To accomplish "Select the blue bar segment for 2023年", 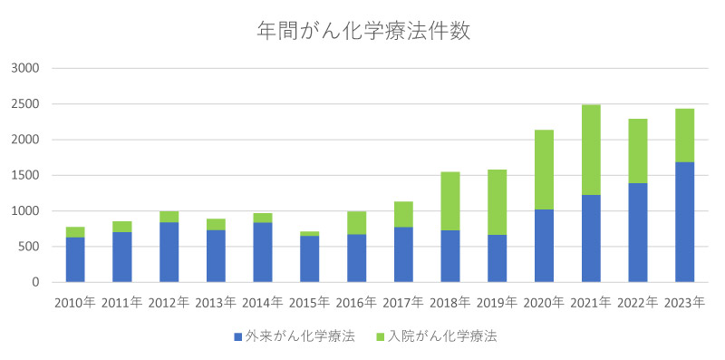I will pos(684,222).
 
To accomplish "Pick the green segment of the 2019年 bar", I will pos(497,202).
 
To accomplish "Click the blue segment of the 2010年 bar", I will pos(74,259).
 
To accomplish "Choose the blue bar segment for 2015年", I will pos(309,258).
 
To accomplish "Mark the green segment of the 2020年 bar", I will pos(544,170).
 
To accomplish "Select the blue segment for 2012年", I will pos(169,252).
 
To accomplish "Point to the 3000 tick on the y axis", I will pos(24,68).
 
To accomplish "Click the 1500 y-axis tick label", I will pos(24,175).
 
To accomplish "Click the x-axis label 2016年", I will pos(356,303).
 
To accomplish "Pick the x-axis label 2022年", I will pos(637,303).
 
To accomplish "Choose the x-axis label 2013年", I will pos(216,303).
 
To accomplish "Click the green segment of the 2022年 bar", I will pos(637,151).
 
